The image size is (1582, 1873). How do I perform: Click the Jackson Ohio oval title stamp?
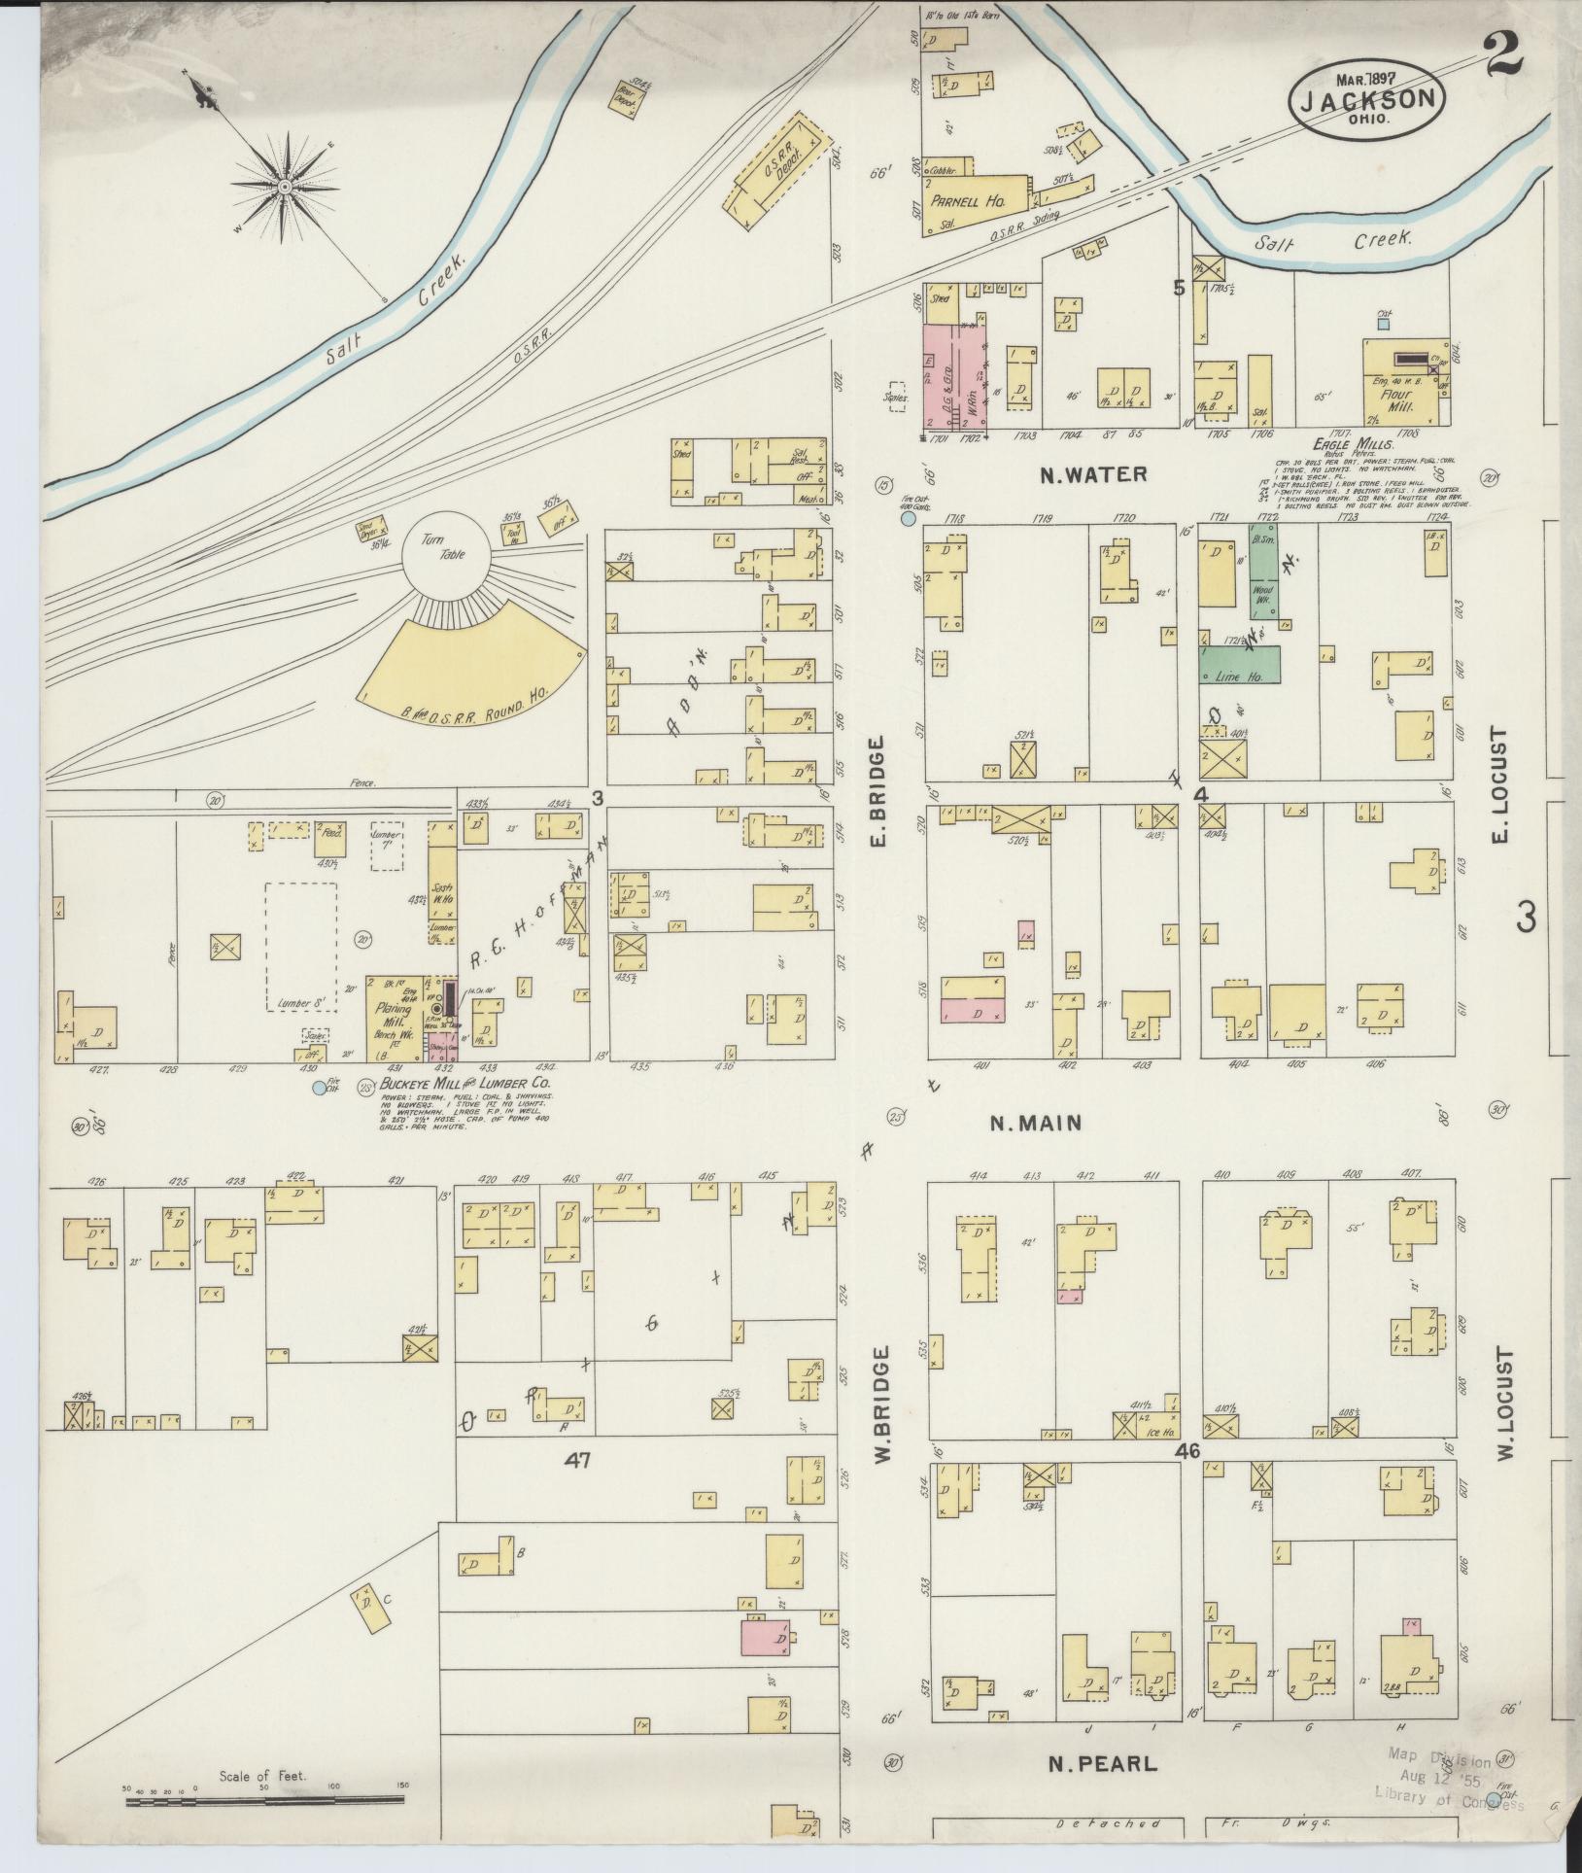tap(1366, 97)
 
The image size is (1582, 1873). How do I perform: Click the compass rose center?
tap(284, 186)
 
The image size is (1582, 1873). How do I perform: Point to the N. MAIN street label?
tap(1035, 1123)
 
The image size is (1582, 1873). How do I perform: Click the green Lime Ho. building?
tap(1239, 666)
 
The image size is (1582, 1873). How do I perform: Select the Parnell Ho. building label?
tap(966, 202)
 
